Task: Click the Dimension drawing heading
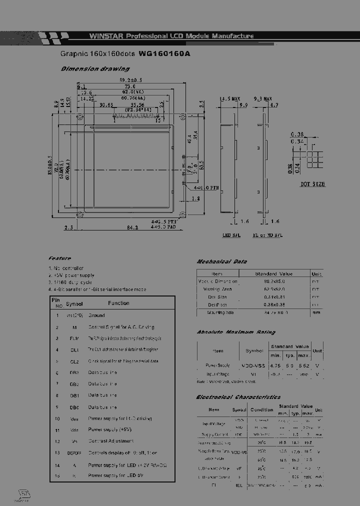tap(95, 69)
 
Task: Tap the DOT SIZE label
tap(312, 184)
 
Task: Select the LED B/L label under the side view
tap(231, 235)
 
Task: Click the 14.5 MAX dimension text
tap(230, 99)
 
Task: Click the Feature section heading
tap(59, 258)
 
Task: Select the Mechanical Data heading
tap(221, 261)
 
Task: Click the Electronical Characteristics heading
tap(238, 397)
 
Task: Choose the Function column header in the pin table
tap(118, 303)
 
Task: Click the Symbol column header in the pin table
tap(74, 303)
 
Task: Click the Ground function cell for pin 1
tap(96, 315)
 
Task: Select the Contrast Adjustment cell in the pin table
tap(110, 441)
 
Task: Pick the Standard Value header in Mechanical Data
tap(273, 274)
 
